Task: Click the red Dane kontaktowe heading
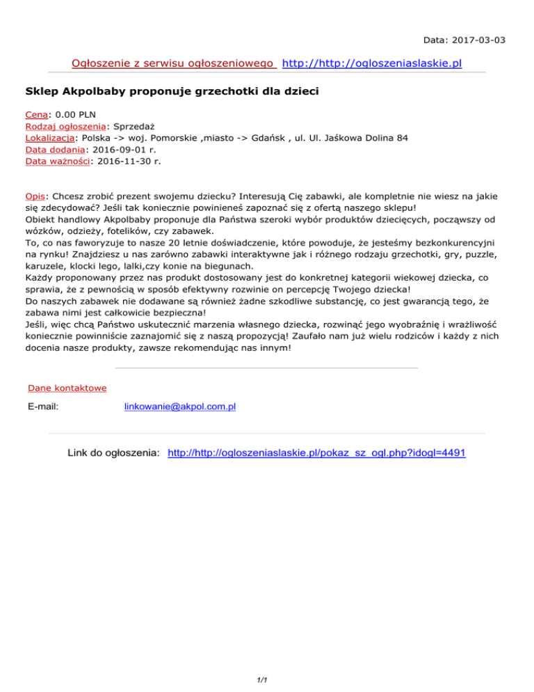pos(67,388)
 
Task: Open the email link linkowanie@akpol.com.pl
pos(179,406)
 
